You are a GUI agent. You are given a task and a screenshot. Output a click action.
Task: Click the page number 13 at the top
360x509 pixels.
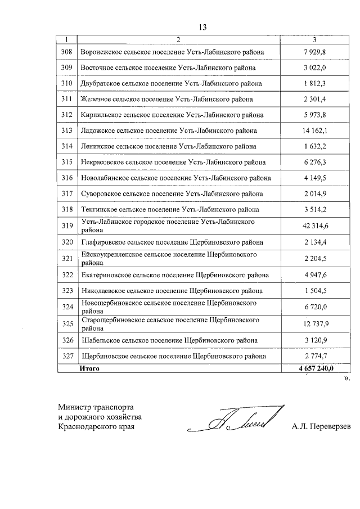[x=203, y=27]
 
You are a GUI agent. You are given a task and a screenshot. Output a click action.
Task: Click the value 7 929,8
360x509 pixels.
[x=314, y=52]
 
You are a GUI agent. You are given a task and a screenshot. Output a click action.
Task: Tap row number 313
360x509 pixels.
[x=67, y=130]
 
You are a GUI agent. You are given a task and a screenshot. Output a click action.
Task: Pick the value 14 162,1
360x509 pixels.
[x=314, y=130]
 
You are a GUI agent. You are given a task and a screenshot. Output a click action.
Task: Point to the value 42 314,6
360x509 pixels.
[x=314, y=226]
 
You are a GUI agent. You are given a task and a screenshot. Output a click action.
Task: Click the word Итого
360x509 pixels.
[x=89, y=368]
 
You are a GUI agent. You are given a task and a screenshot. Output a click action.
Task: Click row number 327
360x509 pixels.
[x=67, y=357]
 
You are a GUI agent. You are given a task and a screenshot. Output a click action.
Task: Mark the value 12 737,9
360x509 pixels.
[x=314, y=324]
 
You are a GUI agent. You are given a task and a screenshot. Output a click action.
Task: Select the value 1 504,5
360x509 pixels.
[x=314, y=291]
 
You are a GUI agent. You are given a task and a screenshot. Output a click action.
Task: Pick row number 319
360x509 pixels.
[x=67, y=226]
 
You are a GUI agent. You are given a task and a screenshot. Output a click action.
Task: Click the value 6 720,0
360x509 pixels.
[x=314, y=307]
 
